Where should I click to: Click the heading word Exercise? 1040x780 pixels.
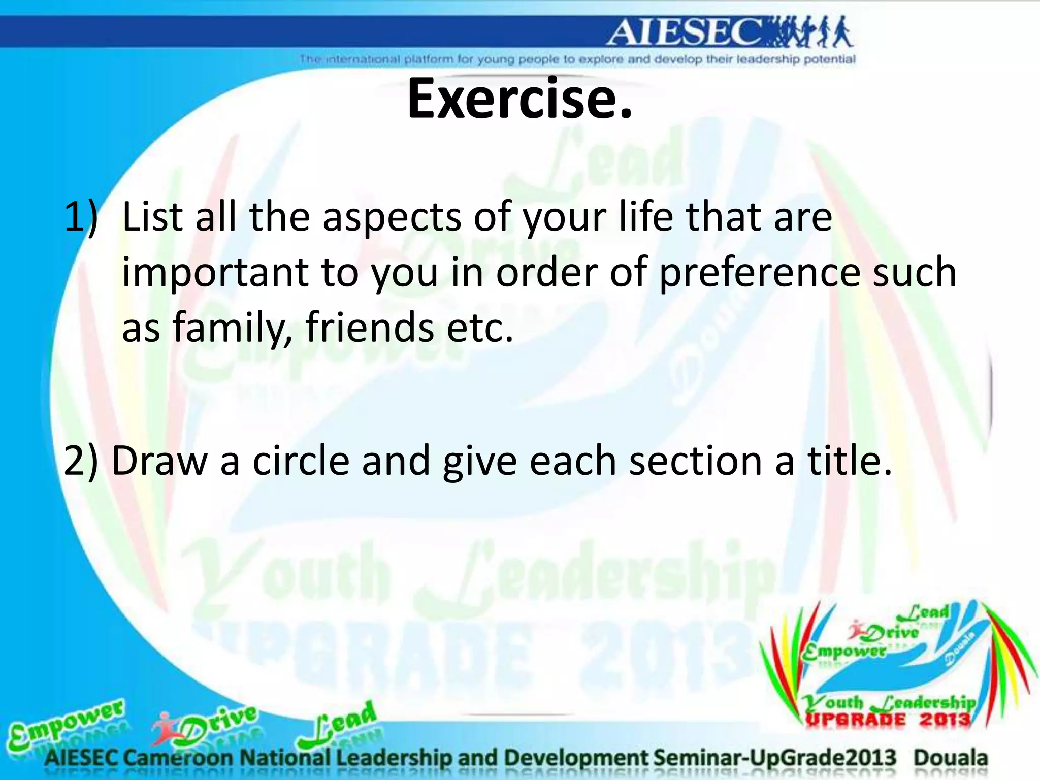tap(519, 99)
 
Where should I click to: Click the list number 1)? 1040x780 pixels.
tap(80, 217)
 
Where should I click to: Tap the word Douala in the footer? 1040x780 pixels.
tap(951, 758)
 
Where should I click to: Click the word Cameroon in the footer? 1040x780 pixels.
tap(178, 758)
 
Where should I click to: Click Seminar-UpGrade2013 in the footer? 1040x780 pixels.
tap(775, 758)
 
